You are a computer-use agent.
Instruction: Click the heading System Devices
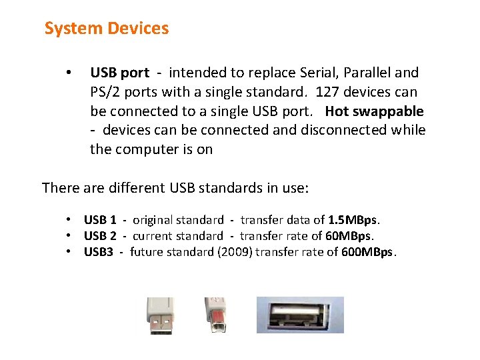107,29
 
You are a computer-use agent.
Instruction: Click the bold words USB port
120,73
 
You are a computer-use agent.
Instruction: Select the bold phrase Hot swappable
375,111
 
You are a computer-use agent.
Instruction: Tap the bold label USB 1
100,220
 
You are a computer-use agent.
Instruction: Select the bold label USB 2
100,236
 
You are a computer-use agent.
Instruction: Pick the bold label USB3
98,252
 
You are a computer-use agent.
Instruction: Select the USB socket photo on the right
300,315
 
